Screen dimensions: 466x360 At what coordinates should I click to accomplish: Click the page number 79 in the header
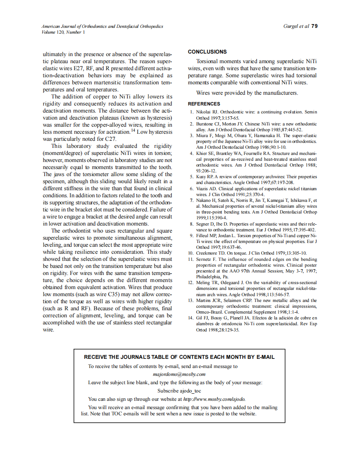pos(314,26)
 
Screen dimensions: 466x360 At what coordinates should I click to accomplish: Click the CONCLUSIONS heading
pos(207,52)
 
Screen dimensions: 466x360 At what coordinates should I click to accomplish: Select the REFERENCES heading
pos(204,104)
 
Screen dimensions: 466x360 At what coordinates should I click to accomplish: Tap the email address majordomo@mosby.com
pos(179,374)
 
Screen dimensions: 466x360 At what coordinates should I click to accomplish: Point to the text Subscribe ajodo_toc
pos(179,391)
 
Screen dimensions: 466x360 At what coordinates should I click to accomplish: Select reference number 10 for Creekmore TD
pos(191,253)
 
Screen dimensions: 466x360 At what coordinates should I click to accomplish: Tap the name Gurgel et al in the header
pos(296,26)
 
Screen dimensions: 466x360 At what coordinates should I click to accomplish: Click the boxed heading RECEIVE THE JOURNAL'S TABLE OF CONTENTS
pos(179,357)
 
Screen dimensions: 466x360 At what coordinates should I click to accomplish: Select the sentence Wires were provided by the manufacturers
pos(247,93)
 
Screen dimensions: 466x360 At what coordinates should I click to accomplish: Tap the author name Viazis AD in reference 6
pos(206,189)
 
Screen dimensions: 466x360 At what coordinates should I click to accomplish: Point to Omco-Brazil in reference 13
pos(209,312)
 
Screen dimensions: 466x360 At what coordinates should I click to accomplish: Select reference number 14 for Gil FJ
pos(191,318)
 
